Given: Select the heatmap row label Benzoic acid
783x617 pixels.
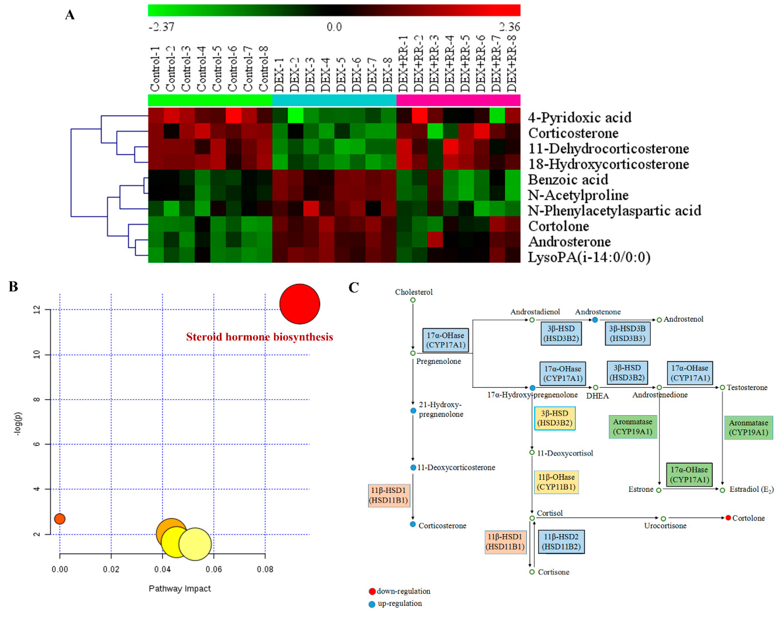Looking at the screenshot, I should tap(568, 179).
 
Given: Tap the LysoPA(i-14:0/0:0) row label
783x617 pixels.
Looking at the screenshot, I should tap(589, 257).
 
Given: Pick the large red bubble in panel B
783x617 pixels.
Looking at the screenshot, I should tap(299, 304).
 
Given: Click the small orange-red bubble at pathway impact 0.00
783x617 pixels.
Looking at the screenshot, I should tap(60, 519).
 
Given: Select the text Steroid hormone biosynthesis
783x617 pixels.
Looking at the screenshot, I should tap(259, 337).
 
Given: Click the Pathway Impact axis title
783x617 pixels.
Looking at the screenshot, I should tap(179, 589).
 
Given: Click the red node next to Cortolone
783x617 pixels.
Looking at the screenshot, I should tap(728, 518).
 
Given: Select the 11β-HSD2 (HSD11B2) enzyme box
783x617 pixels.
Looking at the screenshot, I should tap(561, 541).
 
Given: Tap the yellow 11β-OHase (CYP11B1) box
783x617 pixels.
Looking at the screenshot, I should tap(556, 482).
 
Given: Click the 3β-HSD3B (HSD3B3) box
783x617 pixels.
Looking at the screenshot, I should tap(627, 333).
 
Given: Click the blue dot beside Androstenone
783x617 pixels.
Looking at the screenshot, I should tap(595, 320).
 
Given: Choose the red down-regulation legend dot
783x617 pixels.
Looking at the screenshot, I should tap(372, 591).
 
